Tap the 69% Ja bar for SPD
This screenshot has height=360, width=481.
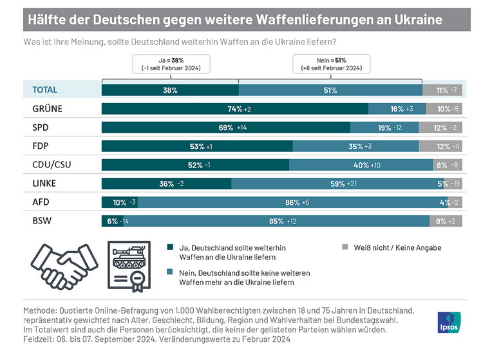coord(225,128)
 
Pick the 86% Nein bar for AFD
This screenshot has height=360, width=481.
coord(283,202)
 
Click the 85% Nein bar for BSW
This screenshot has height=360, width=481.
coord(277,221)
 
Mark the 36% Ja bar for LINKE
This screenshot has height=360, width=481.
coord(166,184)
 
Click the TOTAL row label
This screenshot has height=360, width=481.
coord(44,90)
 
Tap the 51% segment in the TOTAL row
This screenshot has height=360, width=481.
coord(330,90)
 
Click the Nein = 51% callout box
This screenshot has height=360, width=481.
coord(330,63)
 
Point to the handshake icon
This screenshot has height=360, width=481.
coord(61,265)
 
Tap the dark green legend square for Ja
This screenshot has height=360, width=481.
coord(170,247)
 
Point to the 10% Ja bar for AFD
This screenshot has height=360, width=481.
coord(119,202)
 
